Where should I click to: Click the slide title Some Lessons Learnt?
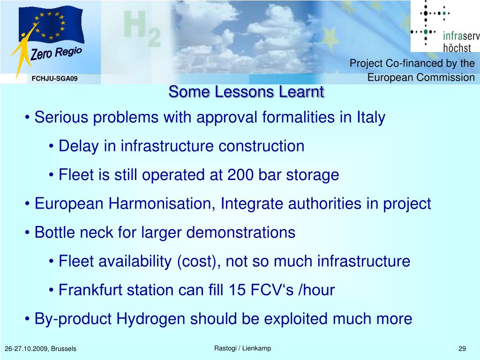click(x=246, y=92)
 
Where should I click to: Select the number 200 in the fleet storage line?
click(x=240, y=175)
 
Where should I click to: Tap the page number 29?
click(x=462, y=348)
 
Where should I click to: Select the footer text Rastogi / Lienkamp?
click(x=242, y=348)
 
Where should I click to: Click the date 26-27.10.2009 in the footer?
click(x=26, y=349)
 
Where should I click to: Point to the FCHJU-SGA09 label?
click(x=54, y=79)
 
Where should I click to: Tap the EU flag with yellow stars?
click(x=51, y=25)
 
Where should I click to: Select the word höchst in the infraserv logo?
click(x=457, y=48)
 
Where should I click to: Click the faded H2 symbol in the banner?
click(x=142, y=28)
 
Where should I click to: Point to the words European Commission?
click(x=421, y=77)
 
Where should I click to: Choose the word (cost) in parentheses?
click(x=199, y=262)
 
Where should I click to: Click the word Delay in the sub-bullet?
click(x=78, y=146)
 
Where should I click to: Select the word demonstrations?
click(x=240, y=232)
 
